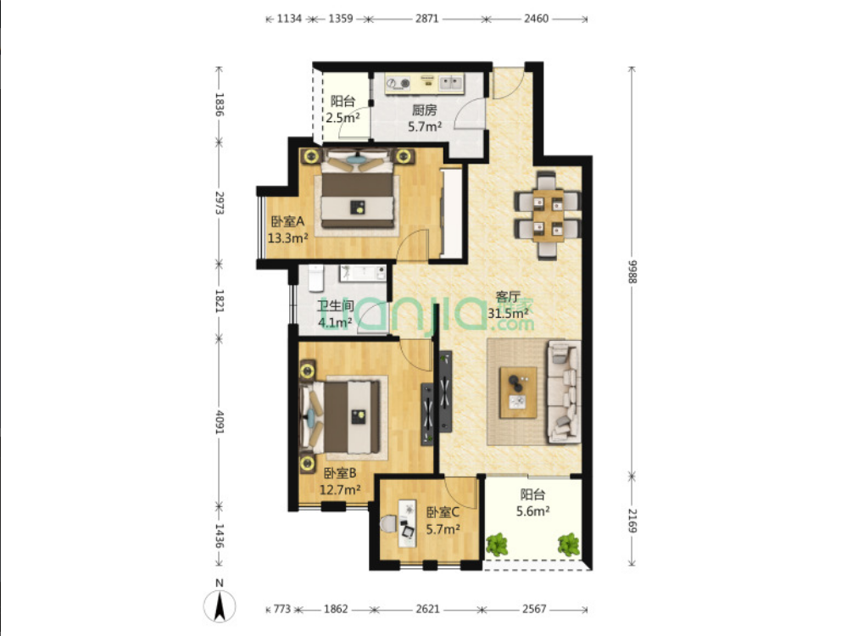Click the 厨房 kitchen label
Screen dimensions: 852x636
(x=424, y=110)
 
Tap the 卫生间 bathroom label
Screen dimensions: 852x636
(x=335, y=305)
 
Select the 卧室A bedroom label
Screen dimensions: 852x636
(x=287, y=222)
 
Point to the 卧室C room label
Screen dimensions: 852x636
(x=443, y=512)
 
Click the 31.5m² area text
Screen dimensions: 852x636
(x=508, y=313)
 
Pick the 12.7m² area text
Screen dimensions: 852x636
(x=340, y=490)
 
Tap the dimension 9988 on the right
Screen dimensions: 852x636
(x=632, y=271)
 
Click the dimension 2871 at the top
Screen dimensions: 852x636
(x=427, y=19)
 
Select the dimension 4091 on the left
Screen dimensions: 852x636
(x=219, y=421)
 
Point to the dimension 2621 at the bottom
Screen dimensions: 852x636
(x=427, y=609)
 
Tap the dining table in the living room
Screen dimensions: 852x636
(x=548, y=215)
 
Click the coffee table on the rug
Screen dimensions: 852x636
(x=518, y=393)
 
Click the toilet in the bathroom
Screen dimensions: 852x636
(x=315, y=278)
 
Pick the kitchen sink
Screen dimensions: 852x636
(x=451, y=83)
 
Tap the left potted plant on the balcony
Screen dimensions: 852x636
(x=496, y=544)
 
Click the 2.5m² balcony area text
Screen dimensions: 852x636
(x=342, y=117)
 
